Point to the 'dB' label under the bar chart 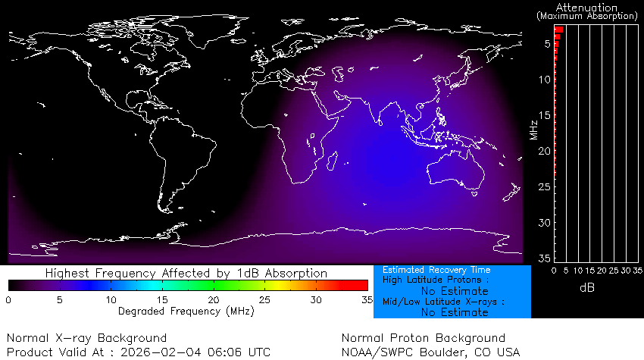[586, 287]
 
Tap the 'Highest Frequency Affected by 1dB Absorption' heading [186, 273]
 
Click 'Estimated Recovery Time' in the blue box [436, 270]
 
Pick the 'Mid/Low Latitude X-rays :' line [442, 302]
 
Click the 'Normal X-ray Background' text [86, 338]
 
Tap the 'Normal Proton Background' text [423, 338]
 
